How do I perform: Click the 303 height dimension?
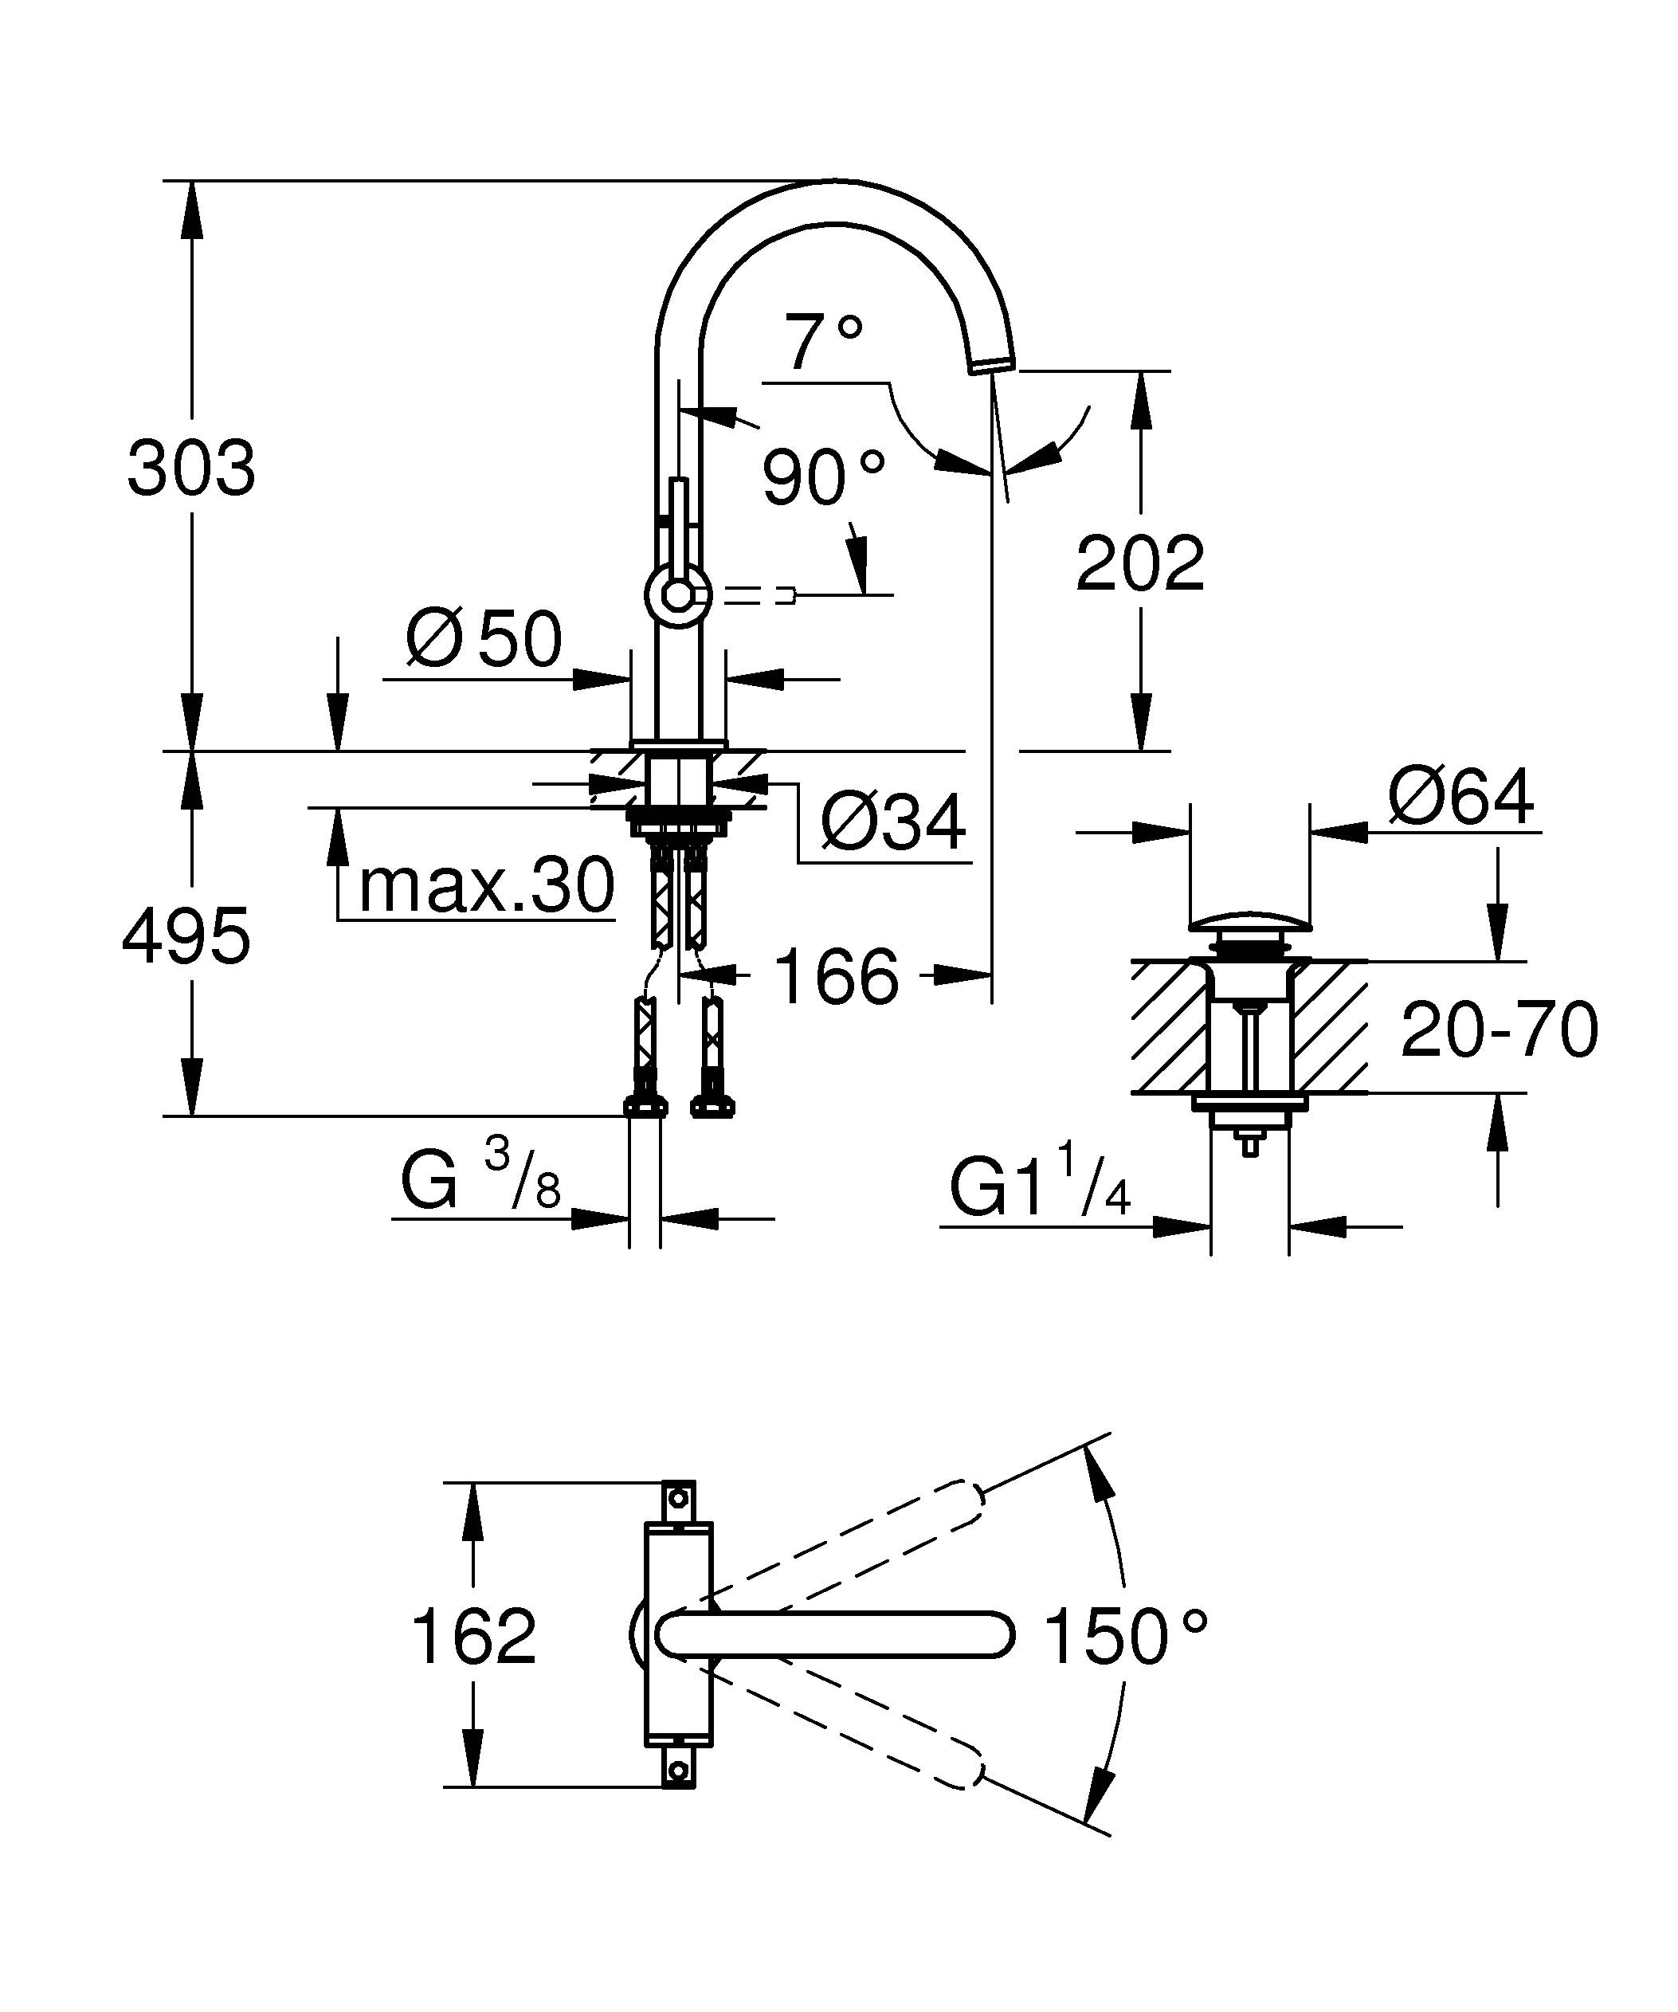click(x=190, y=469)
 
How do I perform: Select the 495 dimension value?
click(x=186, y=936)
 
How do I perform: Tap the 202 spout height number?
click(x=1139, y=564)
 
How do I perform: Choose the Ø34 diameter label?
click(x=892, y=822)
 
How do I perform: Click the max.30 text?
click(x=485, y=886)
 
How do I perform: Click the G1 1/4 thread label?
click(x=1040, y=1189)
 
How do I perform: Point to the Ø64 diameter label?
click(x=1460, y=797)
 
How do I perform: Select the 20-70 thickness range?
click(x=1499, y=1030)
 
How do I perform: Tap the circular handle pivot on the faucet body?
click(x=678, y=595)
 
